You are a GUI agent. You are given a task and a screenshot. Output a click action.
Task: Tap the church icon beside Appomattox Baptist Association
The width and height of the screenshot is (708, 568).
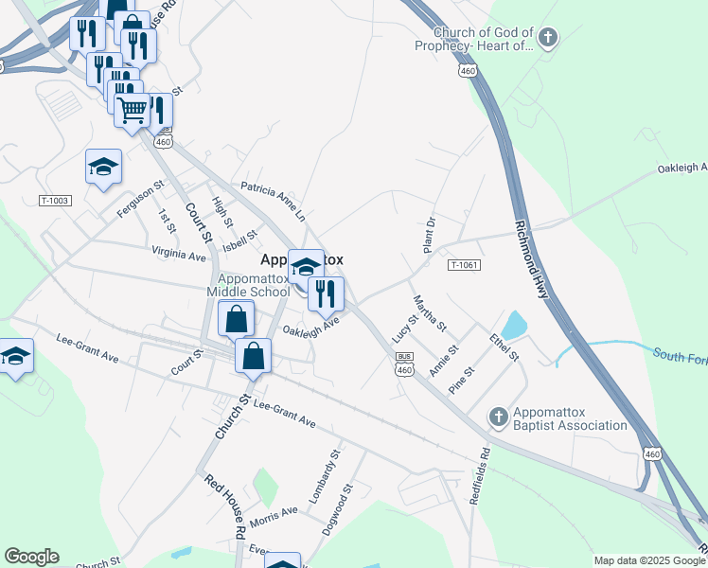(x=499, y=417)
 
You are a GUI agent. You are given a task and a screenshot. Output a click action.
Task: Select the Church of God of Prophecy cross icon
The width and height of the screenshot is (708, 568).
(x=548, y=38)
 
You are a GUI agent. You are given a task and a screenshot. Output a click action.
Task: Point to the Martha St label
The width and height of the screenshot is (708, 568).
(x=429, y=313)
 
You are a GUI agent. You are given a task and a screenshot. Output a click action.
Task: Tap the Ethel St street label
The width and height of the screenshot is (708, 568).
(x=505, y=346)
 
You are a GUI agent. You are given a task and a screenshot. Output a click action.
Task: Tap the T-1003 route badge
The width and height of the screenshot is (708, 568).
(x=55, y=201)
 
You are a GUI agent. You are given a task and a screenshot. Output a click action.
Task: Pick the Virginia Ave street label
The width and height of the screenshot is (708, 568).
(x=179, y=254)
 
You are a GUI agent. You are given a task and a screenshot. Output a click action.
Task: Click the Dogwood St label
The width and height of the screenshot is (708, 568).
(x=336, y=510)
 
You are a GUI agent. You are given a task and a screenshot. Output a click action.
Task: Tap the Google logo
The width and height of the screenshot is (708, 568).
(x=31, y=557)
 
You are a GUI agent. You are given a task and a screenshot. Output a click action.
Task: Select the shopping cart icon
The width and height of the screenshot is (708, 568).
(x=133, y=110)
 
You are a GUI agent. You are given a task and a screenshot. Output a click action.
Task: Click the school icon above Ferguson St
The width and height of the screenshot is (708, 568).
(x=103, y=168)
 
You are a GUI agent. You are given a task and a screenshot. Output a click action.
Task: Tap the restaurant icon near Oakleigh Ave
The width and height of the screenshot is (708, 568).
(x=326, y=294)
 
